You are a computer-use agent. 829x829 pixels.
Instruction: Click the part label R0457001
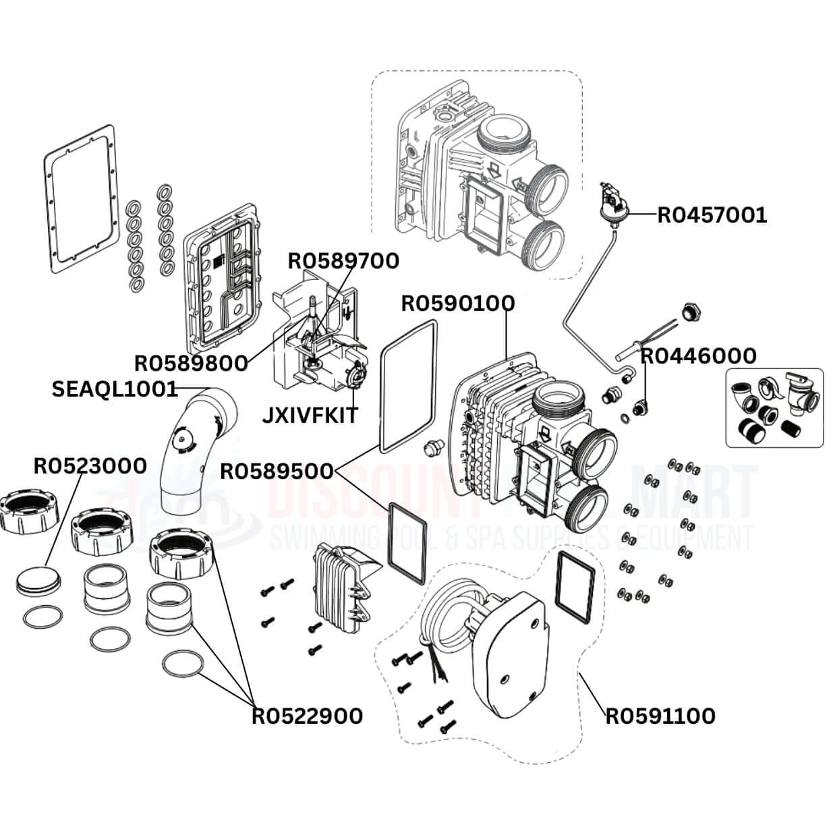712,215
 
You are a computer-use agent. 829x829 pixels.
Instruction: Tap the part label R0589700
343,260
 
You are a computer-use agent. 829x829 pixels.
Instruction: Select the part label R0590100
457,303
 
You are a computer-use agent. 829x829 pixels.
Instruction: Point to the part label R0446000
698,355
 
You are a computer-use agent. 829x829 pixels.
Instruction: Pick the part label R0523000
90,465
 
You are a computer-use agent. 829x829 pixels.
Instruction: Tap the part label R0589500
277,471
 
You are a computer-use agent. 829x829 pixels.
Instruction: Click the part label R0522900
307,716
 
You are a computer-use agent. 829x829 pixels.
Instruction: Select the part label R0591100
660,715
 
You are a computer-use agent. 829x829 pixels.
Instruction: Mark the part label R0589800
191,363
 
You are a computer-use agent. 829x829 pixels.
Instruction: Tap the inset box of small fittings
774,407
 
